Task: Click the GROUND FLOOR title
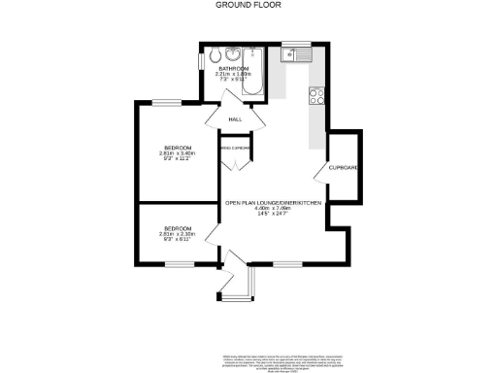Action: [248, 5]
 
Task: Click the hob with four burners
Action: [315, 95]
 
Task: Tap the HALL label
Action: [235, 119]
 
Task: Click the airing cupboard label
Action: [236, 148]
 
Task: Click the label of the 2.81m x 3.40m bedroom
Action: [177, 148]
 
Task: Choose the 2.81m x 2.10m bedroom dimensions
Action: [177, 234]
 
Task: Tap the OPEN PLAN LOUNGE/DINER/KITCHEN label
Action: [274, 202]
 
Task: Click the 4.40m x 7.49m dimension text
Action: [274, 208]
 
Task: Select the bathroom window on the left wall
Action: [201, 60]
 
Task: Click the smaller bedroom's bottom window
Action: [177, 264]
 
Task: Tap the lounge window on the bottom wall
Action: [285, 264]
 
